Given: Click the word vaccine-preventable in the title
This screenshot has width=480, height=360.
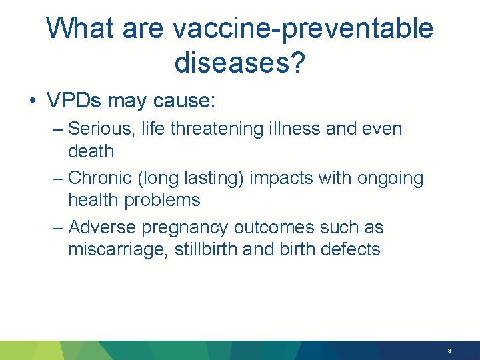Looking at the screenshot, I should (303, 29).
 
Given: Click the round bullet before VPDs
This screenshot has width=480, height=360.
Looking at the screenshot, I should (32, 101).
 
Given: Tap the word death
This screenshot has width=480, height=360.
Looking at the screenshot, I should (91, 151).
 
